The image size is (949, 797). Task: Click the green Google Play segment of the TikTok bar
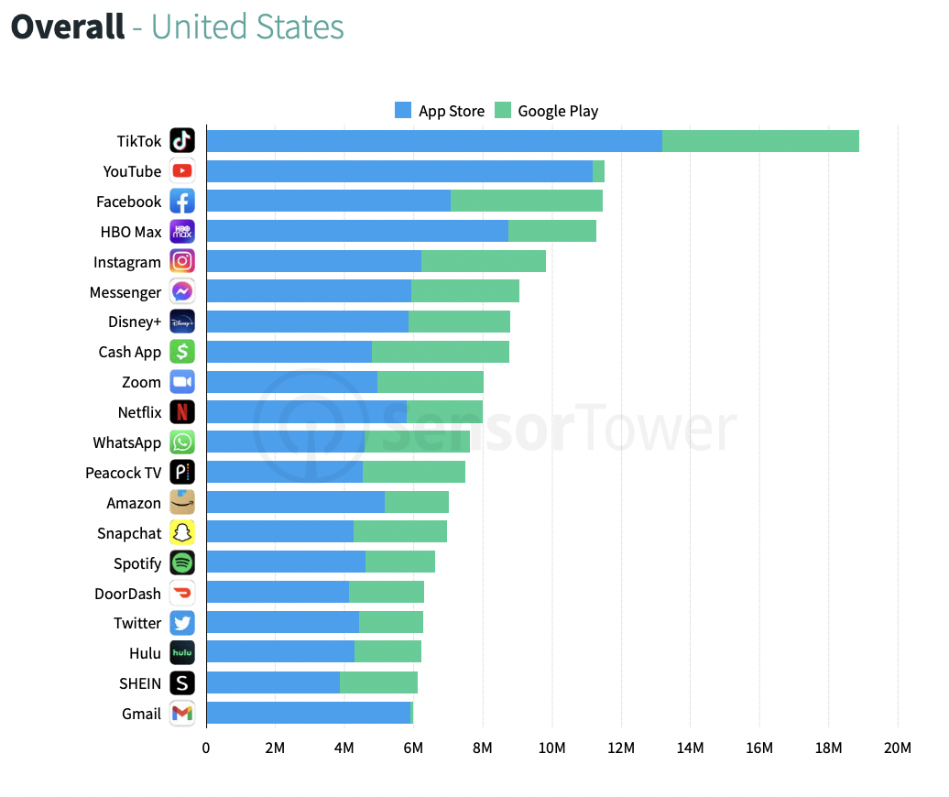tap(760, 141)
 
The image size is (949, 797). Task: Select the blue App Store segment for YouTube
tap(399, 171)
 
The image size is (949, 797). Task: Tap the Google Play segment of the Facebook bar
tap(526, 202)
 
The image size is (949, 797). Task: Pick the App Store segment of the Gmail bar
tap(308, 714)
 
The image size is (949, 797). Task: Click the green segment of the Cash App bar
tap(440, 352)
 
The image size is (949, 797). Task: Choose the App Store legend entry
tap(440, 111)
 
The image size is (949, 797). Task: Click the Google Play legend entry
tap(547, 111)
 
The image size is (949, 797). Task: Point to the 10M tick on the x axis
tap(551, 748)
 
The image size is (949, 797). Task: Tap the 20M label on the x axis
tap(897, 748)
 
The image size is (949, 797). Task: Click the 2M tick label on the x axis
tap(275, 748)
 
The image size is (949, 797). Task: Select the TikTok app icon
tap(182, 141)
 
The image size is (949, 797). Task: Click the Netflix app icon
tap(182, 412)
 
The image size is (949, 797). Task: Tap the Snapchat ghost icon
tap(182, 533)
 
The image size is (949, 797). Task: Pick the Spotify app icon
tap(182, 563)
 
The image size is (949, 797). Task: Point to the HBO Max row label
tap(131, 232)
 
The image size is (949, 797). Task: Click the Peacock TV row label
tap(123, 473)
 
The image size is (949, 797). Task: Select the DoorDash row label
tap(127, 594)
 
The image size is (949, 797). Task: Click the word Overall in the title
tap(67, 27)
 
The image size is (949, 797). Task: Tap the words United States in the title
tap(247, 27)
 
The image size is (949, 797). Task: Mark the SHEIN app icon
tap(182, 683)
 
